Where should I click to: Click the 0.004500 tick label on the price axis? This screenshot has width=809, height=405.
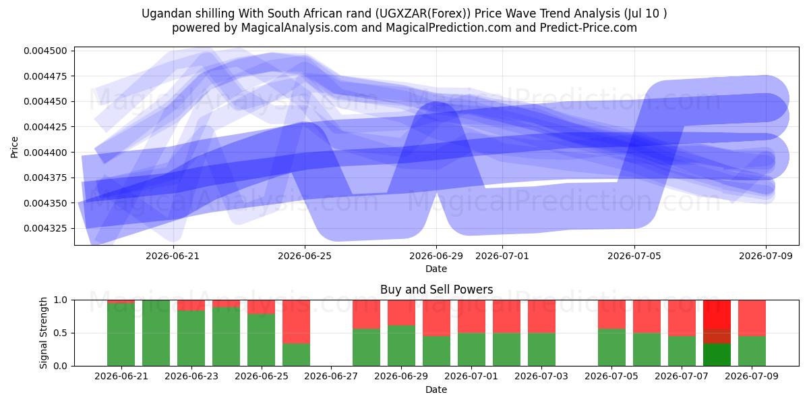(x=46, y=51)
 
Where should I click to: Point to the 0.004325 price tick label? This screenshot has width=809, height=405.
(x=46, y=229)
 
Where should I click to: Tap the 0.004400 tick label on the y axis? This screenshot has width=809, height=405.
(x=46, y=153)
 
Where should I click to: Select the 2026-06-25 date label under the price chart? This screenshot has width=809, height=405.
(x=305, y=256)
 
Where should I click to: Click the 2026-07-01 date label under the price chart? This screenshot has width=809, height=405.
(x=502, y=256)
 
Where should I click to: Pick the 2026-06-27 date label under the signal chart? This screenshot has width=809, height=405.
(x=331, y=377)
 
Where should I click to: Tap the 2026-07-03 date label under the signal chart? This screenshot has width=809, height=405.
(x=541, y=377)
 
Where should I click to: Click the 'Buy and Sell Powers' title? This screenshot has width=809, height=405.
(x=436, y=290)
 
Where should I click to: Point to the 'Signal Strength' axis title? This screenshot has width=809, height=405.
(x=43, y=333)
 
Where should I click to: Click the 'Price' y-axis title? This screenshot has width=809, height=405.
(x=14, y=147)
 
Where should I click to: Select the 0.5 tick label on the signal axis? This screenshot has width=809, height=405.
(x=60, y=333)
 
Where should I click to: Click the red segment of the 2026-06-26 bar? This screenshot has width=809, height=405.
(x=296, y=321)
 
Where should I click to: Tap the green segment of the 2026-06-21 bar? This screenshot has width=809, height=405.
(x=121, y=335)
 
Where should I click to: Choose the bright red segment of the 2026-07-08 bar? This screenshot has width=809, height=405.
(x=717, y=315)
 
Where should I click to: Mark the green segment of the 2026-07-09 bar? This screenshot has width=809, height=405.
(x=752, y=351)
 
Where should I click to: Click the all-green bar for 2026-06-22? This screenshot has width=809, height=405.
(x=156, y=333)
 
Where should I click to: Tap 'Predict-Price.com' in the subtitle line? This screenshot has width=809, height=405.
(x=589, y=28)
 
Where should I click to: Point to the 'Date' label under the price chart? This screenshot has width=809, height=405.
(x=436, y=269)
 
